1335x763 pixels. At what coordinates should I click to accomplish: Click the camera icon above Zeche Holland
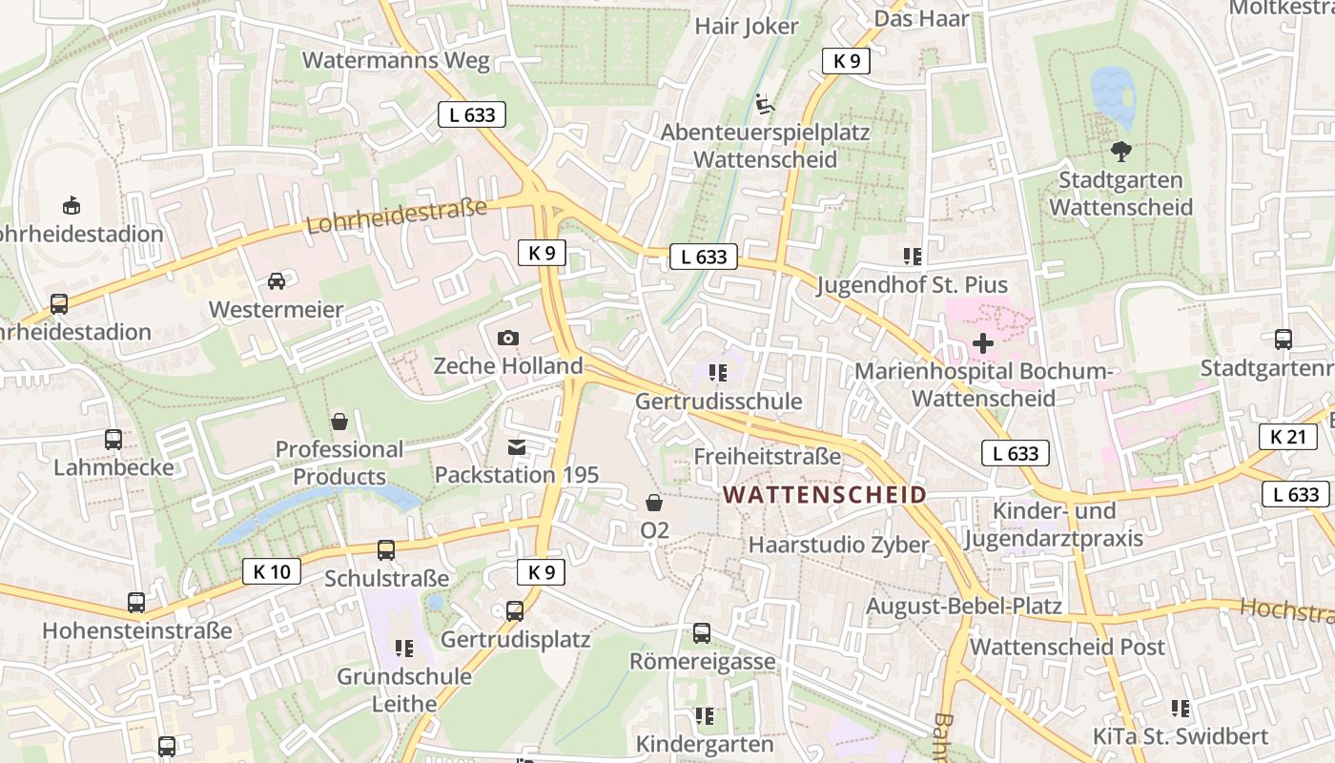pos(508,338)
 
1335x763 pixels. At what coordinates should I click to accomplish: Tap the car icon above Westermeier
pos(276,281)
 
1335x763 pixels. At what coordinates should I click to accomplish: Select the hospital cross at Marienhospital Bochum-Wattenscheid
pos(983,343)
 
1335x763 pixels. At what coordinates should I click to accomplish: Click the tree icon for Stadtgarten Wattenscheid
pos(1121,151)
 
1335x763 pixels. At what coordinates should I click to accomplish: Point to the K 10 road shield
pos(272,571)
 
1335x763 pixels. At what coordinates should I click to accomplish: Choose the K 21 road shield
pos(1288,437)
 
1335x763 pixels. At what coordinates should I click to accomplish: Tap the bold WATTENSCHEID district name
pos(825,495)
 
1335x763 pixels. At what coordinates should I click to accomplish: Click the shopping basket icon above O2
pos(654,502)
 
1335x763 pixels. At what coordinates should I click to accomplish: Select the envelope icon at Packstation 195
pos(517,446)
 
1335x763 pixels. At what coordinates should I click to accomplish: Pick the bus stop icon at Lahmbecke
pos(113,440)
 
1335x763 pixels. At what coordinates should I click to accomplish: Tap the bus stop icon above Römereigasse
pos(702,633)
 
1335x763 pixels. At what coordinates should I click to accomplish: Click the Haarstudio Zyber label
pos(838,545)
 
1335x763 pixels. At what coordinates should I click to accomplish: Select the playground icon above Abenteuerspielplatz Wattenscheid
pos(764,103)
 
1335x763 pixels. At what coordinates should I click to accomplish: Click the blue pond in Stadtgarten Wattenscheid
pos(1113,96)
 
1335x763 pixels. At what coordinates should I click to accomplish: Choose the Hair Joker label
pos(747,26)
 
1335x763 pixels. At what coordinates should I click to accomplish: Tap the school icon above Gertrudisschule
pos(718,373)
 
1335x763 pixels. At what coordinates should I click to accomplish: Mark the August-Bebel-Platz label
pos(963,606)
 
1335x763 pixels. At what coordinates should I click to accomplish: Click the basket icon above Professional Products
pos(339,421)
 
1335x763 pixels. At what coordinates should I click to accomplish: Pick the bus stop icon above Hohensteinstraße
pos(136,603)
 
